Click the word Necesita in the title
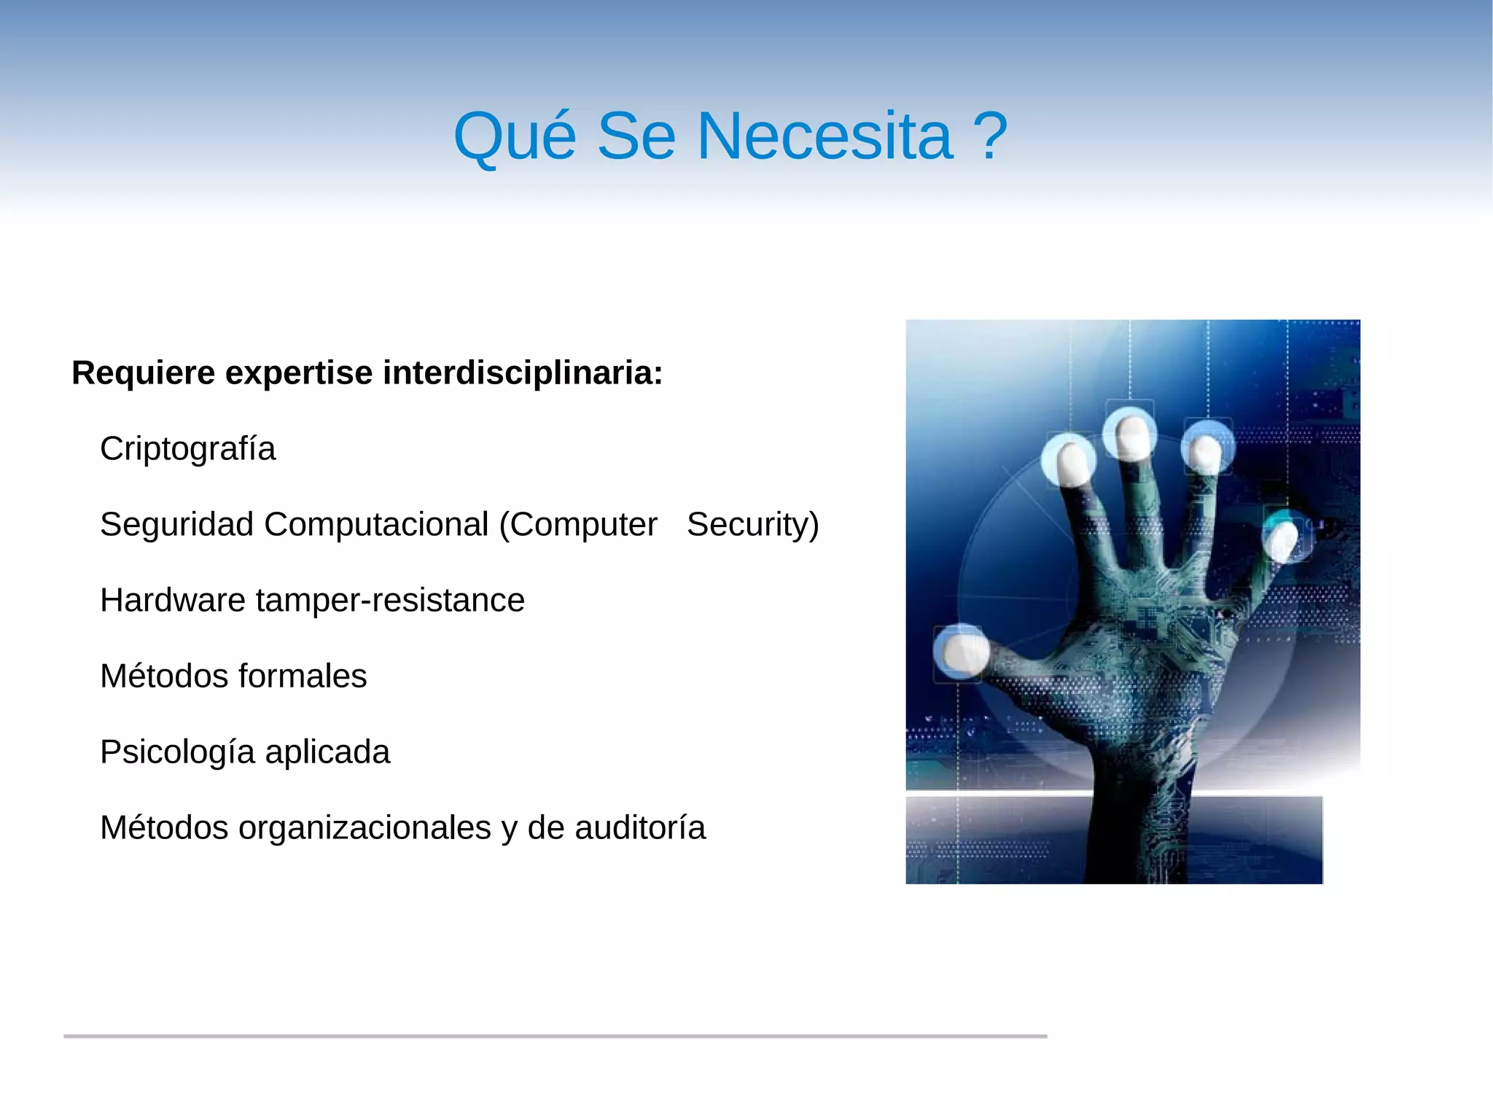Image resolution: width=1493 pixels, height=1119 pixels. [x=824, y=136]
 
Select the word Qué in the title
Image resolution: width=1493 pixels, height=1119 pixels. [x=515, y=136]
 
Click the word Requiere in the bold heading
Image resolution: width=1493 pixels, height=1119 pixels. [x=144, y=373]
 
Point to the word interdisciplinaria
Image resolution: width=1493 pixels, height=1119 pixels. [x=522, y=373]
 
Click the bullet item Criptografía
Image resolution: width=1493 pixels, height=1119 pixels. [x=188, y=449]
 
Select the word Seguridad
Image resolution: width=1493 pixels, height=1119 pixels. [x=176, y=525]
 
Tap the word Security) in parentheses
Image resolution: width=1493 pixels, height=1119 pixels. [x=752, y=525]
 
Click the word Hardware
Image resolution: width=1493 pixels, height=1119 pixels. [x=172, y=601]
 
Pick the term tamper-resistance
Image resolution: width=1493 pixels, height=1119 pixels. [x=390, y=601]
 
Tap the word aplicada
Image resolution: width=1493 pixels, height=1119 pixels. [x=327, y=752]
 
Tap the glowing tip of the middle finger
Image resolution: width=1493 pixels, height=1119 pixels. [x=1131, y=435]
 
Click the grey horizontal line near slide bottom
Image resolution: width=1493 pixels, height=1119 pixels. [x=554, y=1036]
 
